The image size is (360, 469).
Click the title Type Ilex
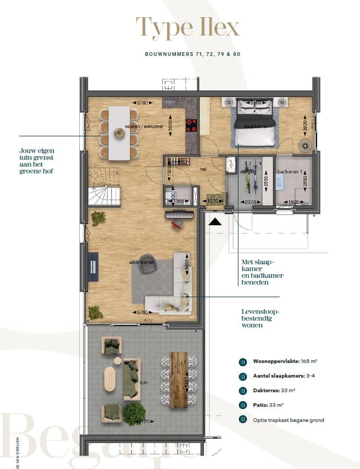pyautogui.click(x=187, y=27)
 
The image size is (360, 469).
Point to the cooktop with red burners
pyautogui.click(x=191, y=126)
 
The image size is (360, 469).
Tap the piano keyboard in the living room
pyautogui.click(x=179, y=215)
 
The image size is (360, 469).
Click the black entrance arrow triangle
pyautogui.click(x=214, y=221)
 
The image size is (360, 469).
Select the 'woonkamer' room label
pyautogui.click(x=142, y=262)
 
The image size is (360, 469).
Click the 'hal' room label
pyautogui.click(x=204, y=169)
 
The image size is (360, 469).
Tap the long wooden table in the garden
pyautogui.click(x=178, y=380)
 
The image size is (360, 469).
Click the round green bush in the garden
pyautogui.click(x=134, y=413)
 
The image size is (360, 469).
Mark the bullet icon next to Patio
pyautogui.click(x=243, y=405)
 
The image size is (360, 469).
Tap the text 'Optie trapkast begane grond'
pyautogui.click(x=289, y=419)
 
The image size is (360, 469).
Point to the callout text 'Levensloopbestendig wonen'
pyautogui.click(x=257, y=317)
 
